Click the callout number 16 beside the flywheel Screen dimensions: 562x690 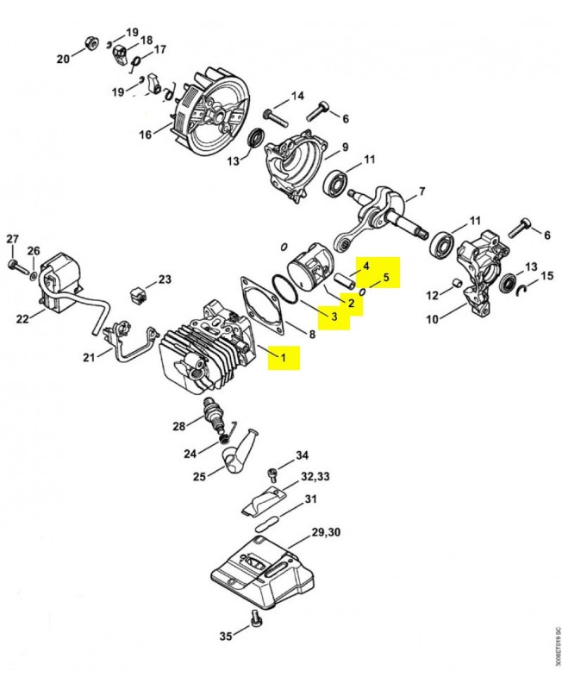tap(146, 135)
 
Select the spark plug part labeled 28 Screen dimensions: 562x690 tap(214, 415)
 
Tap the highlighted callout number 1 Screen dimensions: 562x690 tap(284, 357)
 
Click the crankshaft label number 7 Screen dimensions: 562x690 tap(421, 191)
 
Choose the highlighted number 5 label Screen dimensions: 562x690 tap(386, 277)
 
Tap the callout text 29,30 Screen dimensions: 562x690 tap(326, 532)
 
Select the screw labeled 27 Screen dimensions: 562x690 tap(13, 266)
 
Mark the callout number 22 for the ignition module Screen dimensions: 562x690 tap(22, 318)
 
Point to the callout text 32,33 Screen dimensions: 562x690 tap(315, 477)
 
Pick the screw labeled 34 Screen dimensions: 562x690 tap(272, 475)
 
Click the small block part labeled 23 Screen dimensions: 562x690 tap(138, 294)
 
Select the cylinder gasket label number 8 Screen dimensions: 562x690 tap(312, 335)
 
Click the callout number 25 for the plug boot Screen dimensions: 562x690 tap(199, 476)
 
